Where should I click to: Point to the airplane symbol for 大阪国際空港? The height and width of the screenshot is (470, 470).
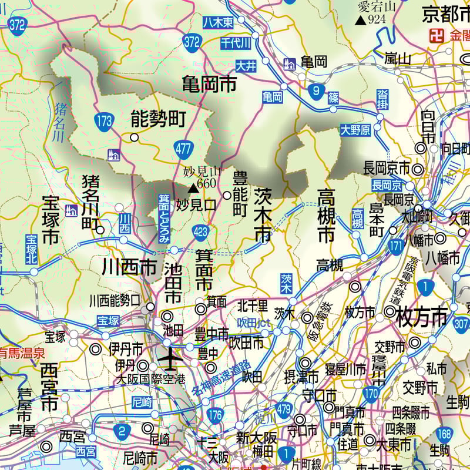[x=171, y=356]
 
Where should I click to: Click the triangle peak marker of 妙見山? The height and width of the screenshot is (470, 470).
[x=193, y=189]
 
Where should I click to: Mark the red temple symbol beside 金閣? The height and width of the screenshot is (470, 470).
[x=437, y=35]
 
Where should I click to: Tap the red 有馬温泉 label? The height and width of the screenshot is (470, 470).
[x=22, y=353]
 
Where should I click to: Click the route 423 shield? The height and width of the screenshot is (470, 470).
[x=200, y=232]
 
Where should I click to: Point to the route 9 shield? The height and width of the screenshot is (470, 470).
[x=316, y=90]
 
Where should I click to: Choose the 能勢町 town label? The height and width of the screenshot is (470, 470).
[x=158, y=120]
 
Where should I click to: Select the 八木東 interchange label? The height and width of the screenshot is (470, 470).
[x=218, y=22]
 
